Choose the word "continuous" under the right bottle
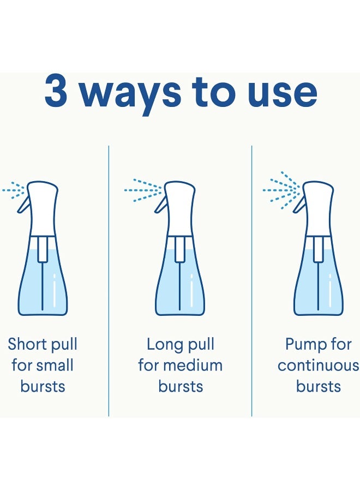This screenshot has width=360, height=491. (x=318, y=366)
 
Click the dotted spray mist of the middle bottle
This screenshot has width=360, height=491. (x=143, y=190)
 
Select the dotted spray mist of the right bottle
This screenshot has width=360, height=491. (x=281, y=190)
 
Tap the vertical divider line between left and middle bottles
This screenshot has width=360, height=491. (x=109, y=281)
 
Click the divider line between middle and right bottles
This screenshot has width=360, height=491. (x=251, y=281)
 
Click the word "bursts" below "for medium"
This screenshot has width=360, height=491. (x=181, y=386)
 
